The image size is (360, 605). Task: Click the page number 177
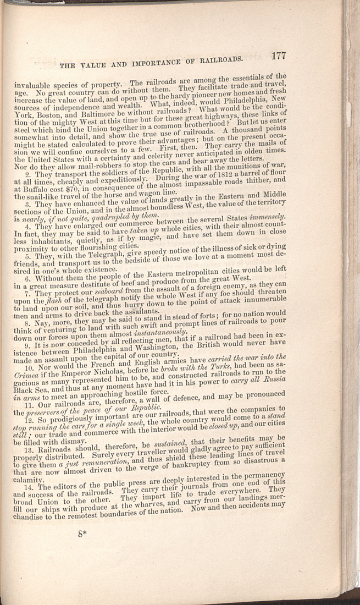[x=279, y=55]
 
